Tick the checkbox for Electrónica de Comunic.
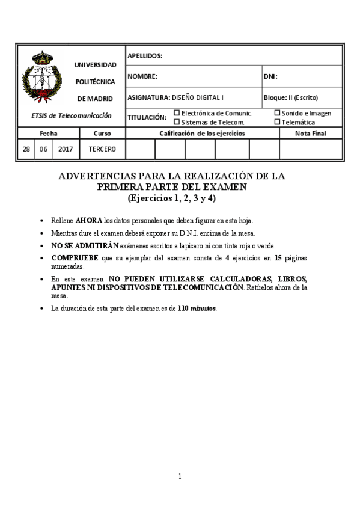(177, 112)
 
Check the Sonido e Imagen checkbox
(277, 112)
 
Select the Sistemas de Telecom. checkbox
(177, 121)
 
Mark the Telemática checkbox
(277, 121)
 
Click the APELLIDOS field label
(145, 56)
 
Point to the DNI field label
(270, 76)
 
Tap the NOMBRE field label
(142, 76)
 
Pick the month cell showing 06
(43, 149)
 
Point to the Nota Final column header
(311, 133)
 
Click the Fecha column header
(49, 133)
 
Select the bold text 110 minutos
(197, 309)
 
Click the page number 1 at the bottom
(180, 476)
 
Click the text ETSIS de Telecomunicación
(72, 115)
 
